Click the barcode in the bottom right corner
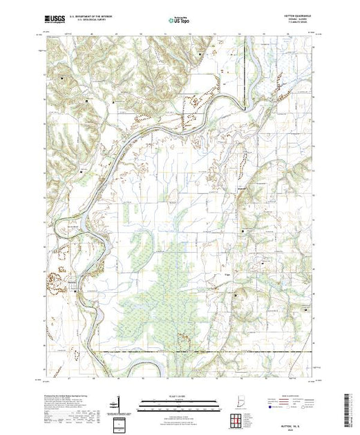[349, 407]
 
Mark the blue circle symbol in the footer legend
[265, 407]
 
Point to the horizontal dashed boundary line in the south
[207, 351]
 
